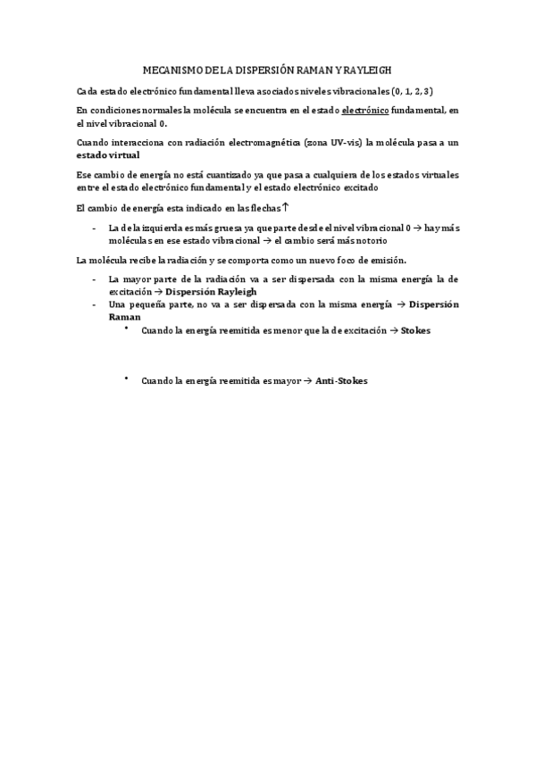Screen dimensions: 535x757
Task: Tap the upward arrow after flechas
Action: [285, 207]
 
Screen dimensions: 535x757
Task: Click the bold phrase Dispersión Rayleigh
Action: [212, 292]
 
